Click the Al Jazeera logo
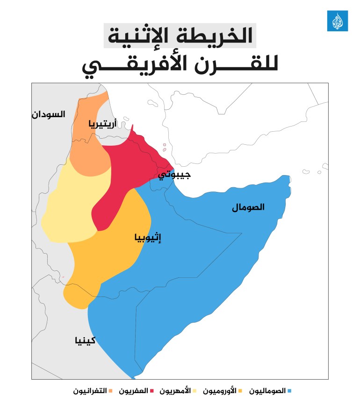click(337, 21)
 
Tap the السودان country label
click(49, 114)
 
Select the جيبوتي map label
click(174, 176)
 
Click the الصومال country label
click(248, 207)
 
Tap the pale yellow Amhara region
click(70, 205)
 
